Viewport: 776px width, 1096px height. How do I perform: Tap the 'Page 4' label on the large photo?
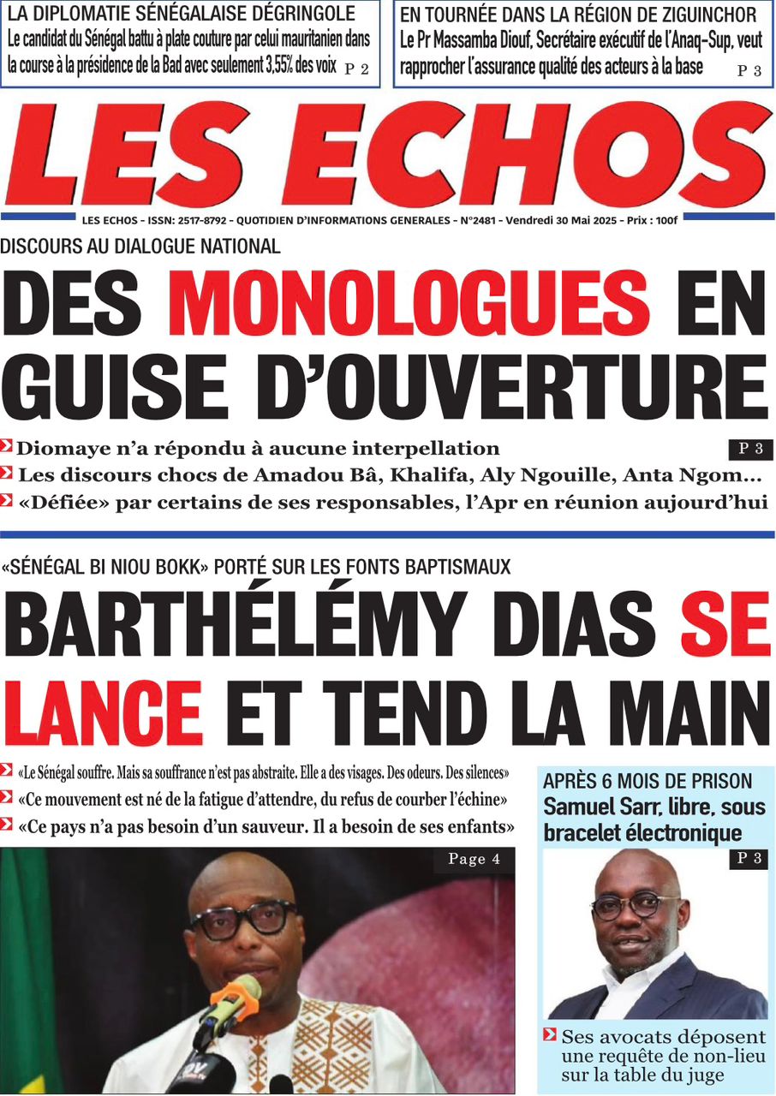click(474, 859)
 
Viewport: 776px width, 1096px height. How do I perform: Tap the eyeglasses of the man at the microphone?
click(243, 918)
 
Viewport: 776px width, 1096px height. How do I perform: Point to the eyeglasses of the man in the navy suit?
click(634, 905)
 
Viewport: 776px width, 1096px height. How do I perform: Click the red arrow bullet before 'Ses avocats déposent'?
click(550, 1035)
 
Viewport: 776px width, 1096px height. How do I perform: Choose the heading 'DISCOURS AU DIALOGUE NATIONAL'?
click(140, 247)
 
